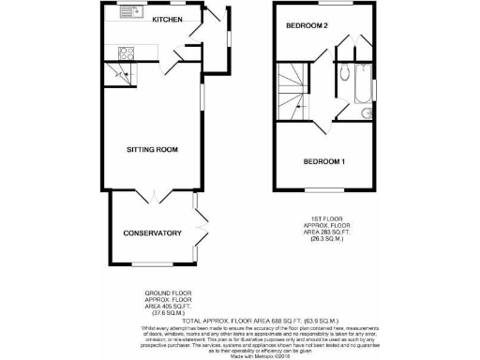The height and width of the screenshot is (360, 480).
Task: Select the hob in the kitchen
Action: click(126, 52)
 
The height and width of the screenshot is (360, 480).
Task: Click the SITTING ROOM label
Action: click(153, 149)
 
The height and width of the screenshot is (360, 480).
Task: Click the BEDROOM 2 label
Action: click(307, 24)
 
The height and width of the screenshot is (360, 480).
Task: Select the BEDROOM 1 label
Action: click(324, 161)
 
